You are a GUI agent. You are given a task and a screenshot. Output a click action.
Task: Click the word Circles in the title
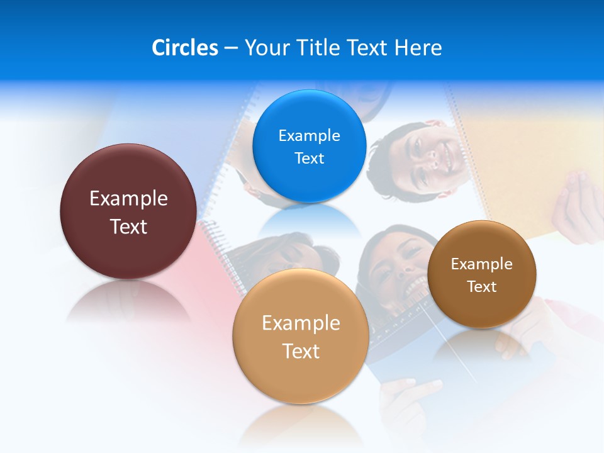click(184, 48)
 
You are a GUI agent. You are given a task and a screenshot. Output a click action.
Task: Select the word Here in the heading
click(418, 48)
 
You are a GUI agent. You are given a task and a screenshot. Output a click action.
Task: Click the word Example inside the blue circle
click(309, 135)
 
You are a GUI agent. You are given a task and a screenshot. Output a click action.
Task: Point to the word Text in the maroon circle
click(128, 226)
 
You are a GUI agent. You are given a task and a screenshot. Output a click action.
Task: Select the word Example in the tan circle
click(301, 323)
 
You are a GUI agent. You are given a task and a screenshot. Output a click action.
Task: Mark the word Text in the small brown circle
click(482, 287)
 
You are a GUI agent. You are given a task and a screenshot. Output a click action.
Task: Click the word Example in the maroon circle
click(128, 199)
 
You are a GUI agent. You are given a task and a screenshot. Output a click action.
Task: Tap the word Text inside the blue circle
click(309, 158)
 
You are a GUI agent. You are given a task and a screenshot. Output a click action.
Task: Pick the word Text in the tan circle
click(301, 351)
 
